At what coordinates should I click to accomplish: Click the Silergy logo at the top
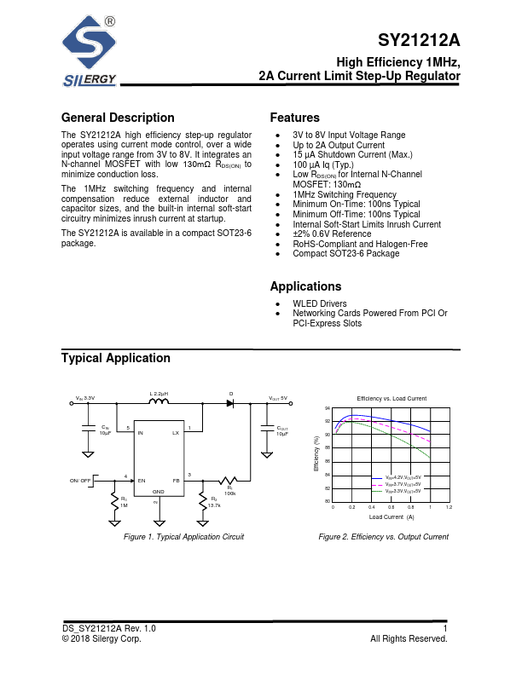point(89,51)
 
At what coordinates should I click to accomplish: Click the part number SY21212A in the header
point(418,41)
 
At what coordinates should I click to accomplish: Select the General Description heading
point(118,118)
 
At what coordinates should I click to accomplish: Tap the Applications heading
point(305,287)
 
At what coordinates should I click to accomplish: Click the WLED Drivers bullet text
point(321,303)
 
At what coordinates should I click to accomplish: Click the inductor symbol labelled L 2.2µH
point(159,401)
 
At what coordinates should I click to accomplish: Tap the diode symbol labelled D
point(230,402)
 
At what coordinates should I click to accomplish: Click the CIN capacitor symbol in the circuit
point(88,427)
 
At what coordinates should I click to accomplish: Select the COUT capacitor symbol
point(264,427)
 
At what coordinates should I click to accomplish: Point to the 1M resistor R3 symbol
point(114,501)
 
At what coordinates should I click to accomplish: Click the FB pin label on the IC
point(177,482)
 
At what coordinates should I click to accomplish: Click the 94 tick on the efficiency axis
point(327,409)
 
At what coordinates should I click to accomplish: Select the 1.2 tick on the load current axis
point(449,507)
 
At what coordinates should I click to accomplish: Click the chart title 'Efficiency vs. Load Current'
point(391,399)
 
